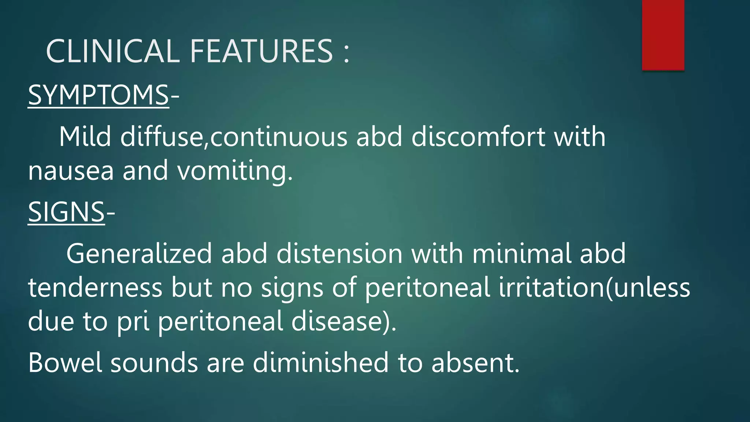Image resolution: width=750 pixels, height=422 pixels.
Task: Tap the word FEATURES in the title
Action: [261, 51]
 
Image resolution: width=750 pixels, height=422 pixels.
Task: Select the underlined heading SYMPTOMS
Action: [98, 95]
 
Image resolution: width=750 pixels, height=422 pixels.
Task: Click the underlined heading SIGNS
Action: [66, 212]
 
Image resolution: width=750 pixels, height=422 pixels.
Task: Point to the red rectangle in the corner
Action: [663, 35]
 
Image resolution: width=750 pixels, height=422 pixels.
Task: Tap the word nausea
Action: [71, 171]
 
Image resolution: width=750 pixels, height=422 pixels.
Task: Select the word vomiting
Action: [235, 171]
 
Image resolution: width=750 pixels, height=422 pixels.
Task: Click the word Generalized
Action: [139, 253]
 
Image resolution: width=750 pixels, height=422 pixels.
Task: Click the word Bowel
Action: [65, 363]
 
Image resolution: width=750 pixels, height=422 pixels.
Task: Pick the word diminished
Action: [320, 363]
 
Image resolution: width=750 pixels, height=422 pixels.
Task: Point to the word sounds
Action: [154, 363]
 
